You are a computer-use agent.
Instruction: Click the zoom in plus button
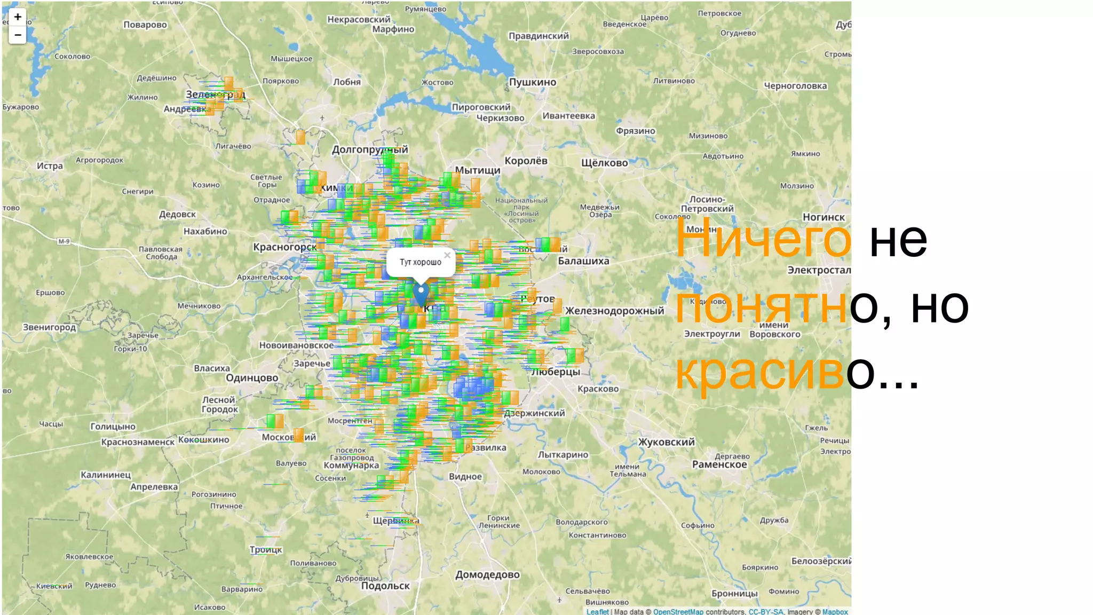18,17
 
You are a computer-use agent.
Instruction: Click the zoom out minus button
18,35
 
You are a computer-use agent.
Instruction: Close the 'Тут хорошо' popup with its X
447,255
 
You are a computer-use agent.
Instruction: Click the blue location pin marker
421,293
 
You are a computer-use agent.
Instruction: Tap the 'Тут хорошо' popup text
421,262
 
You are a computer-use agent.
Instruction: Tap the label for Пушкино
532,82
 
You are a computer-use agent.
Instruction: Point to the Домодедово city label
487,575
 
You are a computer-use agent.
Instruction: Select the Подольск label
385,586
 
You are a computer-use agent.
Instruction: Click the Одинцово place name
252,378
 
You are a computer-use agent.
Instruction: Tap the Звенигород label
50,327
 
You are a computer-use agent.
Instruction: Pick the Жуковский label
667,442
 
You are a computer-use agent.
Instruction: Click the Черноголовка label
795,86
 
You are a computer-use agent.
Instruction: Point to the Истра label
50,166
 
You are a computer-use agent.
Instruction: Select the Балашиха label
583,261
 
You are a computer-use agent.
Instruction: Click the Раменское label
719,464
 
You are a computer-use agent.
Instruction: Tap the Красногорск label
285,247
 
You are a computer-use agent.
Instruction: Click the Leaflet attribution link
597,612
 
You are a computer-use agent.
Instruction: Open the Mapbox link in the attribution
835,612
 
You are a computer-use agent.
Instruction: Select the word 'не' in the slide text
898,240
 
